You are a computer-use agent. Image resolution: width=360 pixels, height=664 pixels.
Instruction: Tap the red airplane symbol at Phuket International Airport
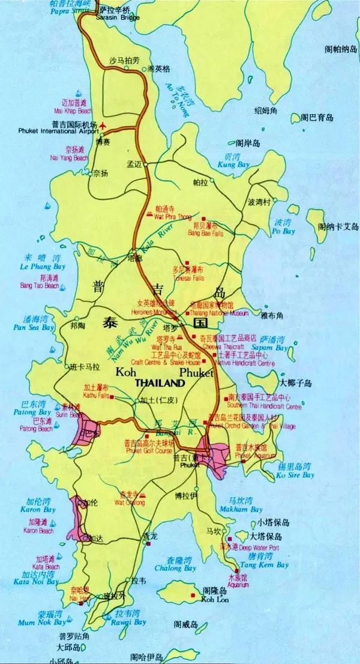coord(103,125)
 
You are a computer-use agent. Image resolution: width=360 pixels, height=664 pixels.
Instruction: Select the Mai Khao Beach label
coord(73,111)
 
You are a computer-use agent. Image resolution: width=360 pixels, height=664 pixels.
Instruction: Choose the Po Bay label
coord(284,231)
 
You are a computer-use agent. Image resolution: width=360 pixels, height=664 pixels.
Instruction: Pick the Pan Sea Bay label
coord(34,328)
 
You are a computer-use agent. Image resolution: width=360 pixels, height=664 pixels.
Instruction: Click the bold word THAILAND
coord(160,382)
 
